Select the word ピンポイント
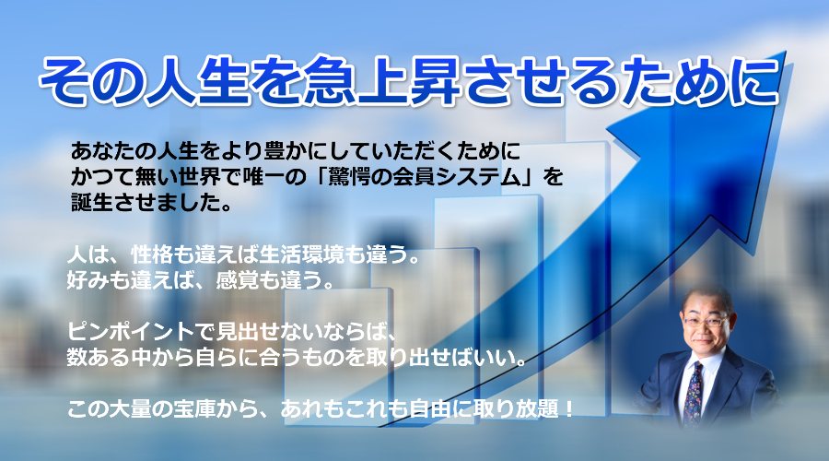point(131,331)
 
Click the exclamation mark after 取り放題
point(569,408)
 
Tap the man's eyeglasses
point(706,321)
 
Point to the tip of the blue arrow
point(786,52)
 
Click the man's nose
point(705,328)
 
